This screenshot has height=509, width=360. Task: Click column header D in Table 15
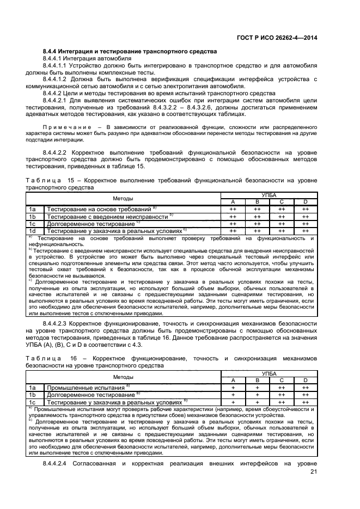[x=306, y=202]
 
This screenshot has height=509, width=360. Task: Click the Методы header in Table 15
[x=123, y=198]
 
